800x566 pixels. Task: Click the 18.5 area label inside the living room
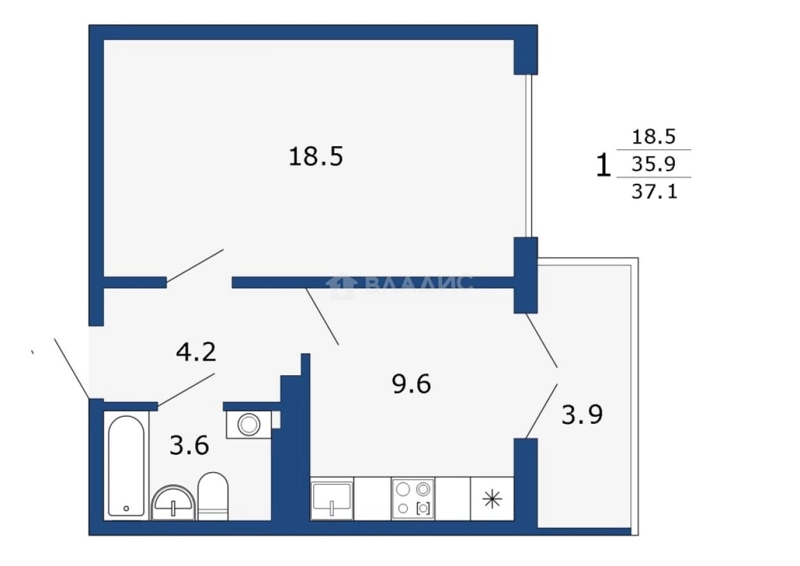tap(316, 156)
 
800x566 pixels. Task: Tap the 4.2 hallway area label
tap(196, 352)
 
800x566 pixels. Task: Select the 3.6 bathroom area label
tap(189, 445)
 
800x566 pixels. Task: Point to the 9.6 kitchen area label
tap(411, 384)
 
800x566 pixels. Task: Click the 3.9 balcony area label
tap(582, 415)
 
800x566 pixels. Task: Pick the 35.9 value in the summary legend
tap(653, 164)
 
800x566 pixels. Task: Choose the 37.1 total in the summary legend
tap(655, 191)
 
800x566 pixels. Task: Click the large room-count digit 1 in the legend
tap(604, 165)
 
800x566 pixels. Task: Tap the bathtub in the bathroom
tap(126, 466)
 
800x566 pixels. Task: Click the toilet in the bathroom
tap(213, 496)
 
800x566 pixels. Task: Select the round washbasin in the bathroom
tap(174, 503)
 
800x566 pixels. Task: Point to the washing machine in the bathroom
tap(249, 424)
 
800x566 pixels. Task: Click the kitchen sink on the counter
tap(332, 498)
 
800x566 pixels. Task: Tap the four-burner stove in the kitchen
tap(413, 498)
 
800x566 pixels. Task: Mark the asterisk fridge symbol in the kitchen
tap(492, 499)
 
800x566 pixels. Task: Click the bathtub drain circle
tap(126, 508)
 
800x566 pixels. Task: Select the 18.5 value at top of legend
tap(653, 137)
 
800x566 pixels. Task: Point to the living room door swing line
tap(195, 266)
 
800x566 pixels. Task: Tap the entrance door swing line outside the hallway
tap(72, 368)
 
